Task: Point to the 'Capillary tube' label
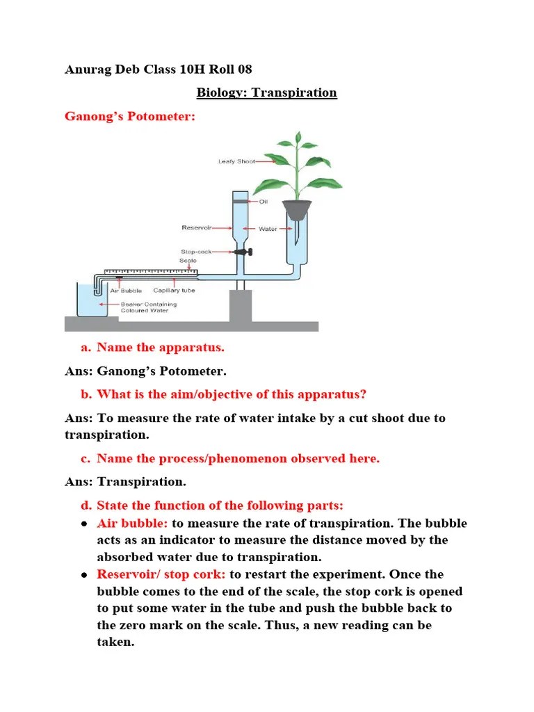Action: (174, 291)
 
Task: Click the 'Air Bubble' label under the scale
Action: (125, 291)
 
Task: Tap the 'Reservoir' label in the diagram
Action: (196, 227)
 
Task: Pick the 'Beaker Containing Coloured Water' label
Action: (148, 307)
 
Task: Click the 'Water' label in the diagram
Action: (268, 228)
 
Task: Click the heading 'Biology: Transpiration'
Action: (266, 92)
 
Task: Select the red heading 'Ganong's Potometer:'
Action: (130, 116)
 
